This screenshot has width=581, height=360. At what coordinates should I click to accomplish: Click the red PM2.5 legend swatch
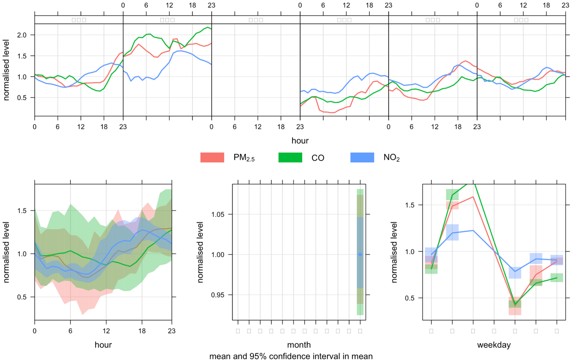[x=212, y=157]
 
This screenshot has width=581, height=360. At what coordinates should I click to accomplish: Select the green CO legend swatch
[x=290, y=157]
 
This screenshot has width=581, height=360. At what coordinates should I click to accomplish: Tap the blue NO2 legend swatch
[x=362, y=157]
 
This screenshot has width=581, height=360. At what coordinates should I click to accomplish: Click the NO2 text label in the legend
[x=391, y=158]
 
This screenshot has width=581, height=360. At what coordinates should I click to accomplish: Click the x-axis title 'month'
[x=299, y=344]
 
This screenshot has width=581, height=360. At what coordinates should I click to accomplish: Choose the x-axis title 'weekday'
[x=494, y=344]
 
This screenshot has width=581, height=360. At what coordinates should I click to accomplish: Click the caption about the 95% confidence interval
[x=291, y=356]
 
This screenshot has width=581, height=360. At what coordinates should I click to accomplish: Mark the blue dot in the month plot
[x=360, y=254]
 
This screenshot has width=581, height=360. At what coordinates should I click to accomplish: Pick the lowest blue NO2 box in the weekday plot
[x=515, y=272]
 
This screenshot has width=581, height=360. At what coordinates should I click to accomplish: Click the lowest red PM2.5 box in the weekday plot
[x=515, y=309]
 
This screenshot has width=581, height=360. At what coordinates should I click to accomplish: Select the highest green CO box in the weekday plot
[x=452, y=195]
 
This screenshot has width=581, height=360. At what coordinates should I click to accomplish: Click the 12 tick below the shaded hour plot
[x=107, y=331]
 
